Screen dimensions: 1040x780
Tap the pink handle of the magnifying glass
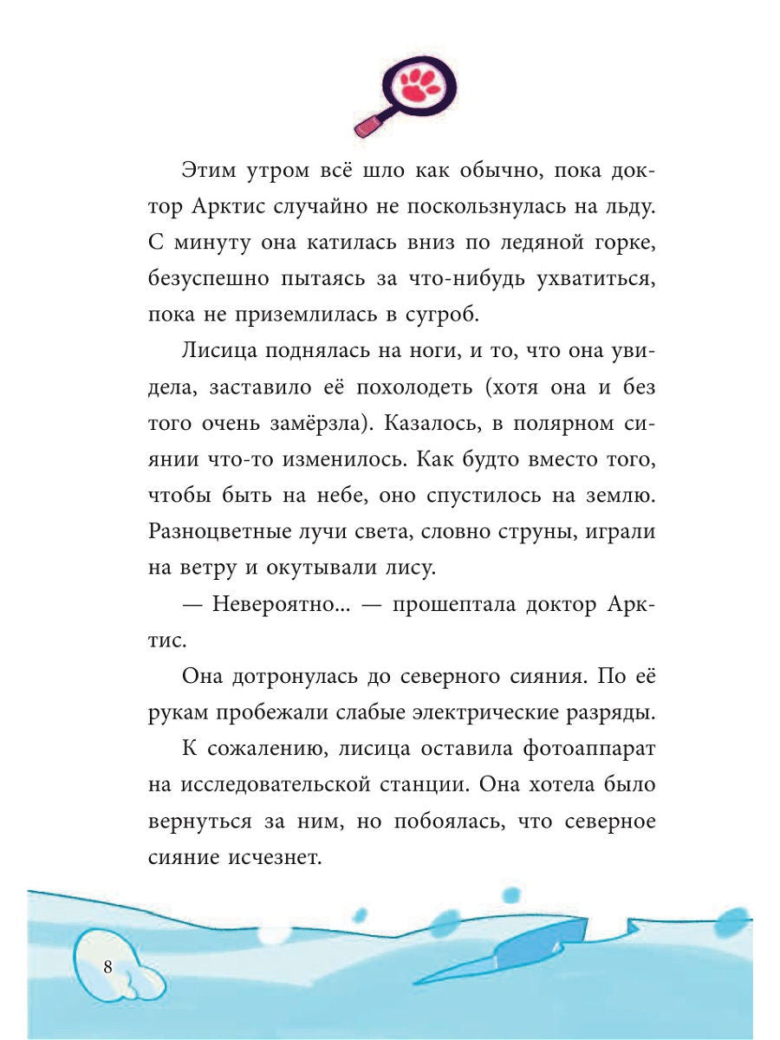pyautogui.click(x=367, y=125)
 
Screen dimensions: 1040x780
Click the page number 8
pyautogui.click(x=107, y=968)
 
